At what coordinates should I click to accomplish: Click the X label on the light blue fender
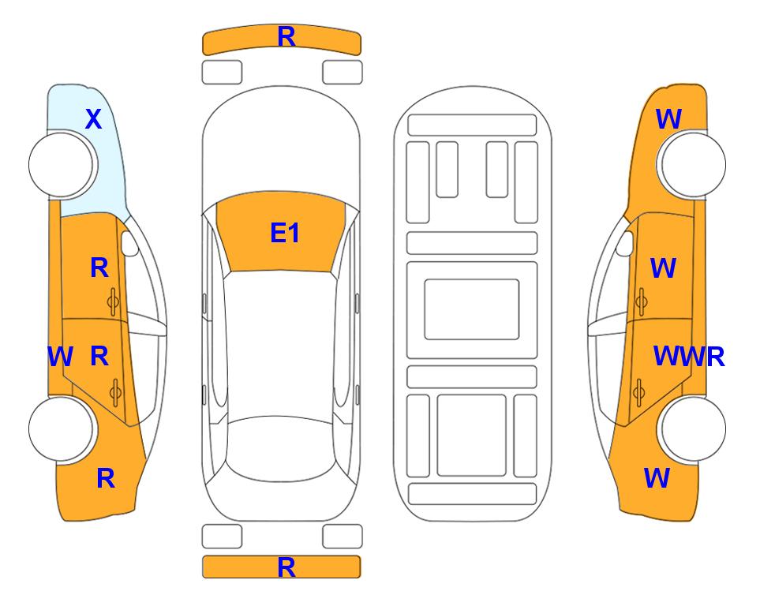point(94,119)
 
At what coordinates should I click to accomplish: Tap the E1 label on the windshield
point(285,233)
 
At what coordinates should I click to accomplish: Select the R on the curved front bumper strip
point(286,37)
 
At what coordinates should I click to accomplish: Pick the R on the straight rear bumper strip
point(286,567)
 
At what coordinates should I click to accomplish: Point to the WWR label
point(689,357)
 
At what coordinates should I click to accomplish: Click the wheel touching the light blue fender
point(62,164)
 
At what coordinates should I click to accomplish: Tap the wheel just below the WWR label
point(693,428)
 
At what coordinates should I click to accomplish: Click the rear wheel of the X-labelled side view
point(62,428)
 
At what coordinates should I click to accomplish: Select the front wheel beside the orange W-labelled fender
point(693,164)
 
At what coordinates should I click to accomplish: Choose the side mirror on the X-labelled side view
point(130,243)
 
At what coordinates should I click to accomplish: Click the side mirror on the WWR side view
point(624,243)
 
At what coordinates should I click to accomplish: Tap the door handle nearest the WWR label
point(639,393)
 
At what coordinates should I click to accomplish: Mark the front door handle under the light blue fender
point(114,302)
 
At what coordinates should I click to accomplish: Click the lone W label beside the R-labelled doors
point(60,357)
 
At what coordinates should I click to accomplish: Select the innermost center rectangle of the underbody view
point(472,309)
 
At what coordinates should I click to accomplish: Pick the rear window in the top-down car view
point(281,448)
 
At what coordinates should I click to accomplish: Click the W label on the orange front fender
point(668,119)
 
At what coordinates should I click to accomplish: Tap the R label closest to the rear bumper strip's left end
point(106,478)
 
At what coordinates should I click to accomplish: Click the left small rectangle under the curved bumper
point(222,73)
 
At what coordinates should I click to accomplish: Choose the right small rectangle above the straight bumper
point(343,537)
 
